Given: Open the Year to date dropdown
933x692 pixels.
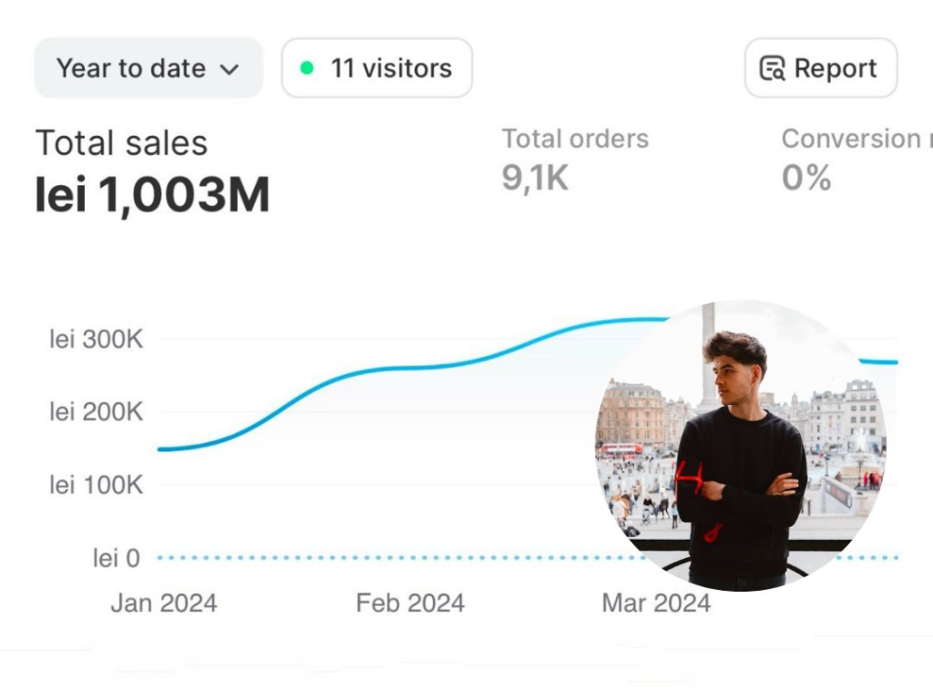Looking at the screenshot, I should click(x=148, y=68).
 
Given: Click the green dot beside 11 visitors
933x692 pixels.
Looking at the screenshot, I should click(x=307, y=68).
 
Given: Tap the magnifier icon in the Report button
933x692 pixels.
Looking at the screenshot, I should click(x=773, y=69).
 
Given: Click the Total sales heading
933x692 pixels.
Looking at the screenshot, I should click(x=121, y=143).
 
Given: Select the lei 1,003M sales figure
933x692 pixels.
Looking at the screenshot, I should click(x=152, y=194).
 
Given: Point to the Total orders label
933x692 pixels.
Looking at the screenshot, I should click(x=575, y=139).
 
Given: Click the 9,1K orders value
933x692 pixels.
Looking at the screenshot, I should click(x=535, y=178).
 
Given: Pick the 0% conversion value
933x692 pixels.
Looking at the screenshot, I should click(x=805, y=178).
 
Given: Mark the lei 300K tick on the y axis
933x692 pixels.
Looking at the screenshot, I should click(x=97, y=340).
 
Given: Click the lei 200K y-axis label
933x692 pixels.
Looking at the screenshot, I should click(x=97, y=412).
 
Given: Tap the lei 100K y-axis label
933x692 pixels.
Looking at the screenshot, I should click(x=97, y=485).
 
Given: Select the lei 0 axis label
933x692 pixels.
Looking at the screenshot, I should click(x=117, y=558).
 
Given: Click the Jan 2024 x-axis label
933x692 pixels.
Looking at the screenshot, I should click(x=164, y=604).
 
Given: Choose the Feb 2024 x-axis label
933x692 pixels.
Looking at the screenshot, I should click(x=410, y=604).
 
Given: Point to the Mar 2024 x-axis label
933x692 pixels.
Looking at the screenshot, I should click(x=656, y=604).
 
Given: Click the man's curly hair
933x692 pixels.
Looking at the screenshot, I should click(x=734, y=348).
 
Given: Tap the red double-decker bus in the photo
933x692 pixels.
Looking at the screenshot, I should click(x=621, y=449).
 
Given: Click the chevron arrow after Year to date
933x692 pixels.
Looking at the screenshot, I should click(x=230, y=69).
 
